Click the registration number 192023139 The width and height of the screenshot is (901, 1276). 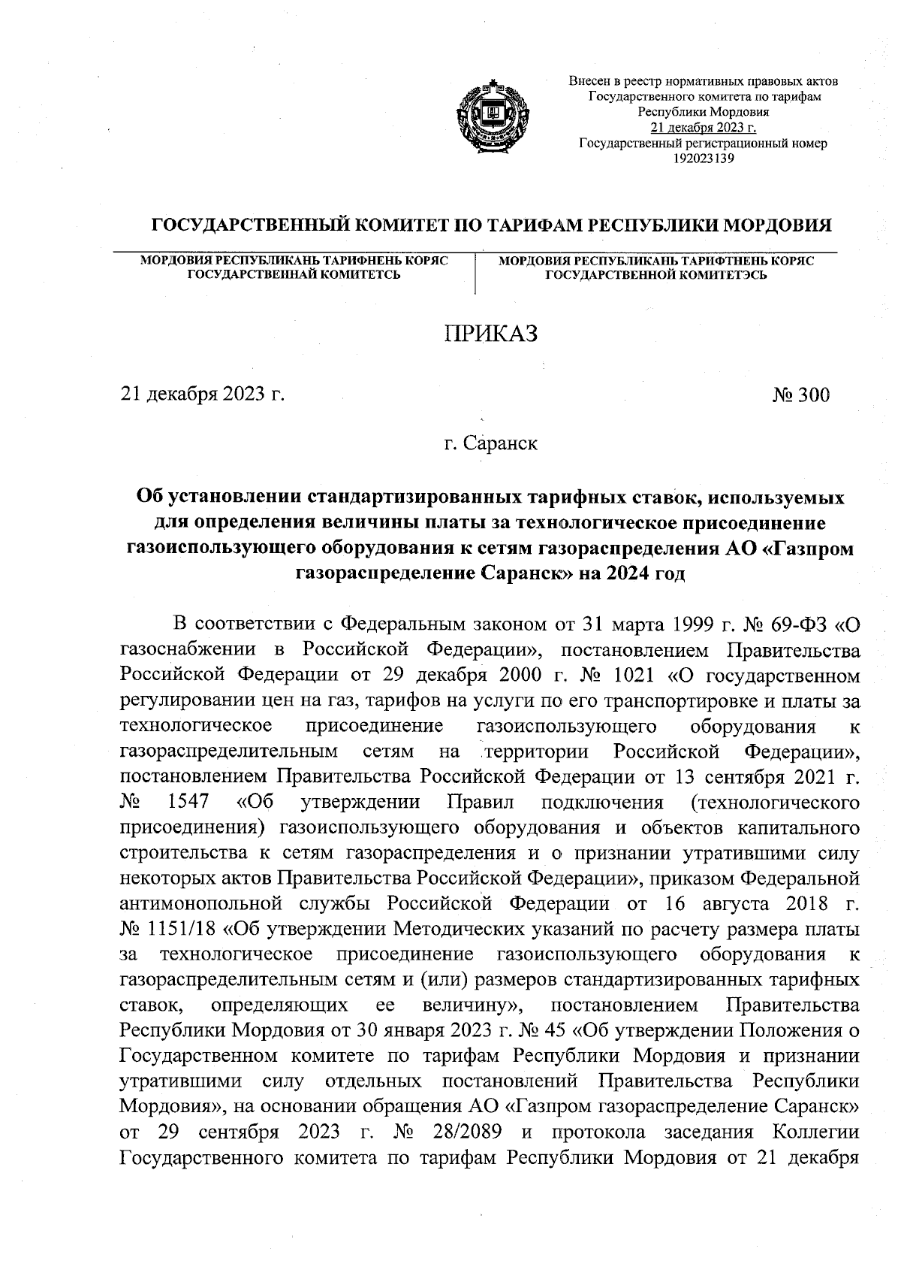click(x=704, y=158)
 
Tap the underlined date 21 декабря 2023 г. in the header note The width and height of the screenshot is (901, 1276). click(x=703, y=127)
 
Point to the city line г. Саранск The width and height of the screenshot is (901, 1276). click(x=490, y=443)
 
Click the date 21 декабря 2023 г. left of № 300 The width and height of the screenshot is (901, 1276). click(x=203, y=395)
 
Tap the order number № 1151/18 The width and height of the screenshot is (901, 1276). click(x=169, y=930)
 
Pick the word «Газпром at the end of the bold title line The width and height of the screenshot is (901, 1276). click(x=809, y=549)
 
